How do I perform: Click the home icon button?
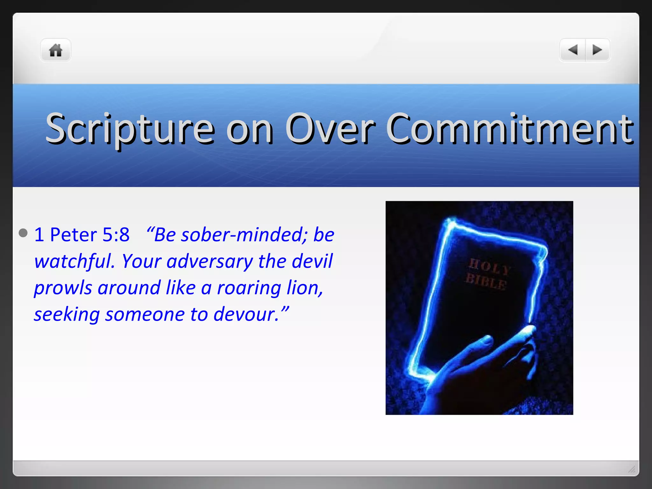pos(55,50)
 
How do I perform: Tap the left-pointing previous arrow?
pos(573,50)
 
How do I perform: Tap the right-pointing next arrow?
pos(597,50)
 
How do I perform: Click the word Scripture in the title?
pos(130,129)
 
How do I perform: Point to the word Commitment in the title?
pos(509,129)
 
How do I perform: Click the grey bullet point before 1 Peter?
pos(23,233)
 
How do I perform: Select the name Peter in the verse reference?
pos(74,235)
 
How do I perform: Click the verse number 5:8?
pos(116,235)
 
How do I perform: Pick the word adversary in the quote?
pos(209,261)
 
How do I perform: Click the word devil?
pos(312,261)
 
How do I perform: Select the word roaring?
pos(249,288)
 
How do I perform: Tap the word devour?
pos(245,315)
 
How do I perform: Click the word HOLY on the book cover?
pos(490,267)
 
